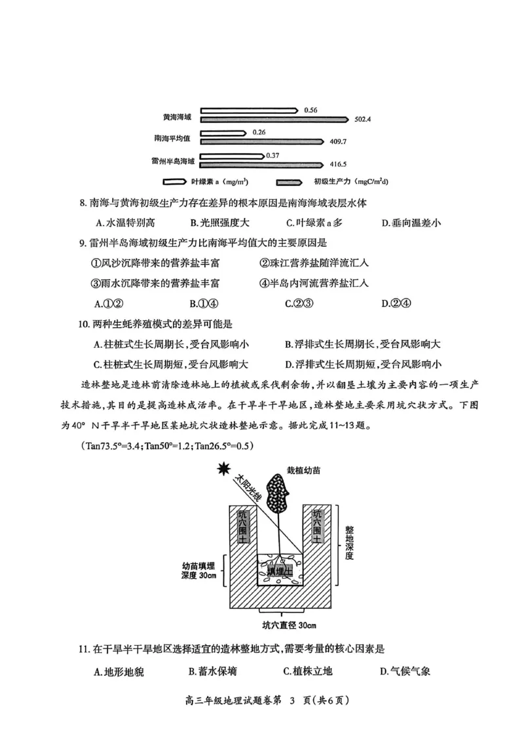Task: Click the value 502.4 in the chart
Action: click(362, 119)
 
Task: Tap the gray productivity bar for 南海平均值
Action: click(262, 141)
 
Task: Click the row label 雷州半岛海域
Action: click(171, 160)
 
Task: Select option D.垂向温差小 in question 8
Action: click(411, 223)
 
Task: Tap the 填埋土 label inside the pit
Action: click(279, 572)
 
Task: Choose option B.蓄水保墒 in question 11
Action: click(212, 671)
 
